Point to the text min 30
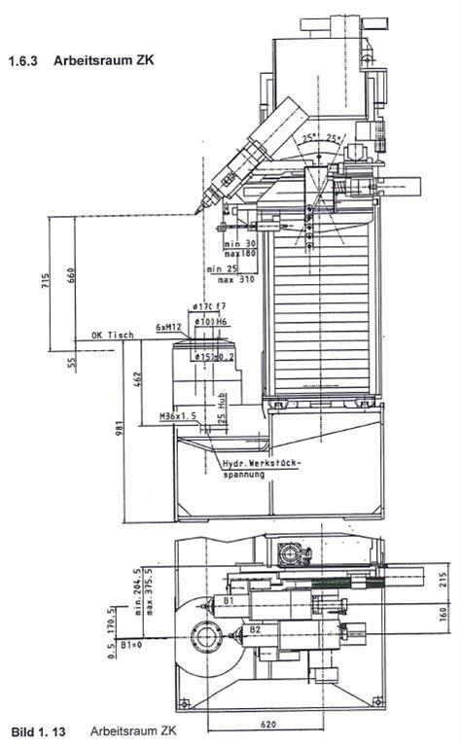(237, 242)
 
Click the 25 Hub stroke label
(222, 416)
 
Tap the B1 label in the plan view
(226, 601)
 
